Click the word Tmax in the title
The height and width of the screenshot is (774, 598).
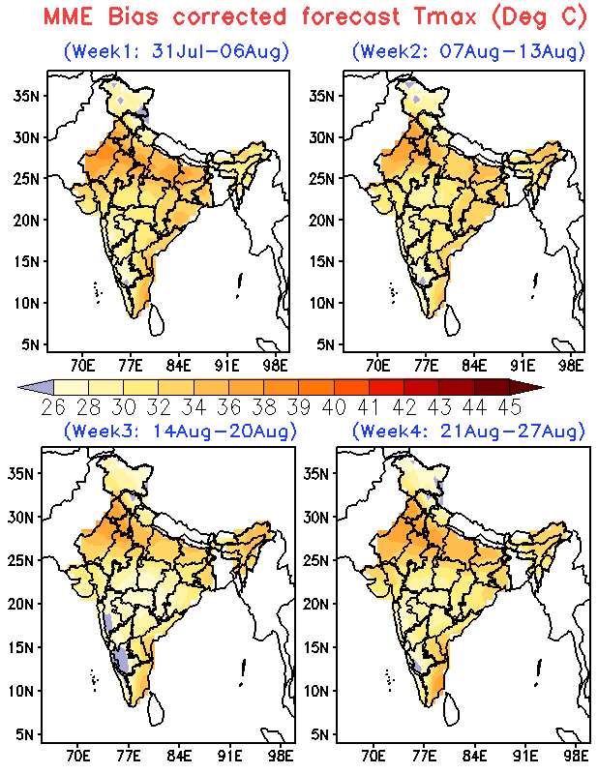446,16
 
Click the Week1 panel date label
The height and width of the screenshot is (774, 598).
176,51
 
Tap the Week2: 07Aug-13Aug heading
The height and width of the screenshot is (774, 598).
468,51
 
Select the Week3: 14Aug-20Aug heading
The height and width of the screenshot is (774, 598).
180,431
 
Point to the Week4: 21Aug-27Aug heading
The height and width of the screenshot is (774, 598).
468,431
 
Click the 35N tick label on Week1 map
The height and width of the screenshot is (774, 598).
26,95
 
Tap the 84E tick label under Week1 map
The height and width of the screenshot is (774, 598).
178,366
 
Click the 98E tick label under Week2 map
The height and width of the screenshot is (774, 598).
571,366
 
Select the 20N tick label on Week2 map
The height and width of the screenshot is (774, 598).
322,221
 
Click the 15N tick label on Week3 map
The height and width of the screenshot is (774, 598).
20,647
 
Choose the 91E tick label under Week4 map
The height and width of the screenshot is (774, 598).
525,756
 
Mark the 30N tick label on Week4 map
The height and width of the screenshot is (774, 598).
316,518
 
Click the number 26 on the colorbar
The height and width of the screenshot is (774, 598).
53,407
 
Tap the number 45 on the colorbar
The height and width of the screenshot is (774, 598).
510,407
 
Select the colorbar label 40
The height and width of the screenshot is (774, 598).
334,407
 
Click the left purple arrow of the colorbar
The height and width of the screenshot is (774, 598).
37,387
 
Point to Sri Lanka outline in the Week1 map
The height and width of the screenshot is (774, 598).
157,320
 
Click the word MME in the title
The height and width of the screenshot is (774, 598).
68,16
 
